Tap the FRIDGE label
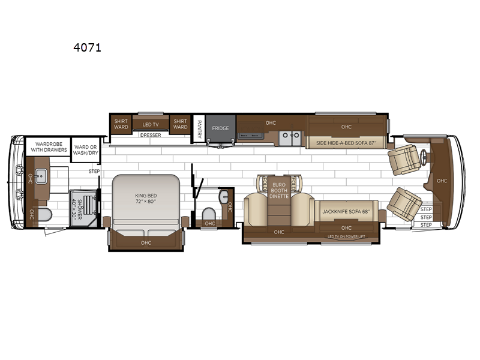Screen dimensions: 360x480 (x=220, y=128)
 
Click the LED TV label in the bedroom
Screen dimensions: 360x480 (x=150, y=124)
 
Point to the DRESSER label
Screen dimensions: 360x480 (x=150, y=136)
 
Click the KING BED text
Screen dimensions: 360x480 (x=145, y=199)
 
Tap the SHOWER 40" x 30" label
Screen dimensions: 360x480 (x=76, y=208)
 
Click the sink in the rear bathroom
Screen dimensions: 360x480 (x=40, y=175)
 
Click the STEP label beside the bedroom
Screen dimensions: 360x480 (x=94, y=172)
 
